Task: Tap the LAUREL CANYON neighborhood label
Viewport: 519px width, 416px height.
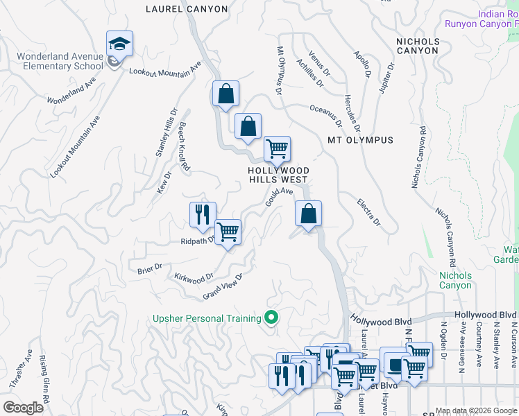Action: [x=187, y=9]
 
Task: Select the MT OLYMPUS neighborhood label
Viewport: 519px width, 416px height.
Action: [x=360, y=140]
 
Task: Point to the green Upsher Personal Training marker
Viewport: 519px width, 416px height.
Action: [x=272, y=318]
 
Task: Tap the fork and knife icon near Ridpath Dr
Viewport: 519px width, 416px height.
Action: [x=203, y=214]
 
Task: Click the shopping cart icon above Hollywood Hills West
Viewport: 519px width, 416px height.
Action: [x=277, y=148]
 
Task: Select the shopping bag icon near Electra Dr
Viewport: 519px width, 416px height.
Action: [x=309, y=213]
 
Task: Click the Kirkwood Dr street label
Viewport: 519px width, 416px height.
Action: [x=194, y=277]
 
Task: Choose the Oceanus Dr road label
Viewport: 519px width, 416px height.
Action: [x=326, y=114]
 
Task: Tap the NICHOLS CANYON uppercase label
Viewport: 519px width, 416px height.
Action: [x=418, y=46]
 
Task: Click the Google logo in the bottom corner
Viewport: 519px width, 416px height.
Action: [x=23, y=407]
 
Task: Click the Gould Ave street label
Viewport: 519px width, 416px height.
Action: [x=278, y=198]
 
